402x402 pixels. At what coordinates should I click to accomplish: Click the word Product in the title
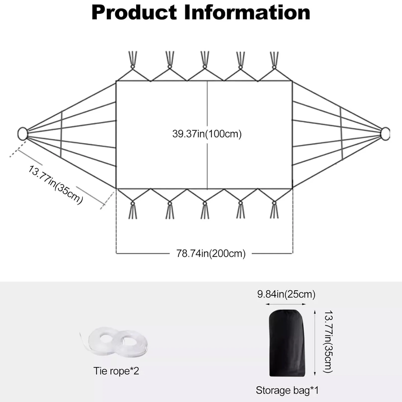tap(134, 13)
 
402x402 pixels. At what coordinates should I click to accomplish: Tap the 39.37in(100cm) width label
tap(207, 134)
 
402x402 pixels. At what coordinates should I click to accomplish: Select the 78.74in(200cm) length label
tap(211, 254)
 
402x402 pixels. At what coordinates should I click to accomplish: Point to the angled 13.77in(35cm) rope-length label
tap(56, 184)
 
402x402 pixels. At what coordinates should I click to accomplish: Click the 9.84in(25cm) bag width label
tap(286, 294)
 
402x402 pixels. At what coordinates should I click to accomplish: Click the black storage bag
tap(287, 343)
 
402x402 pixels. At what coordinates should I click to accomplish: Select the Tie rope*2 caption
tap(116, 371)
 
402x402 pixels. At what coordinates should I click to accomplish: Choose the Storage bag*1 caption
tap(287, 390)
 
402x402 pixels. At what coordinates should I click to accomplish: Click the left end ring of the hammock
tap(23, 133)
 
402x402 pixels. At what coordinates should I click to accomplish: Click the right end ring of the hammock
tap(385, 134)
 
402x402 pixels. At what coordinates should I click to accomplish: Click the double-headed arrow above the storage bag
tap(286, 304)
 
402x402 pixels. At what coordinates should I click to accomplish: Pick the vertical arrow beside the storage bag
tap(315, 343)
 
